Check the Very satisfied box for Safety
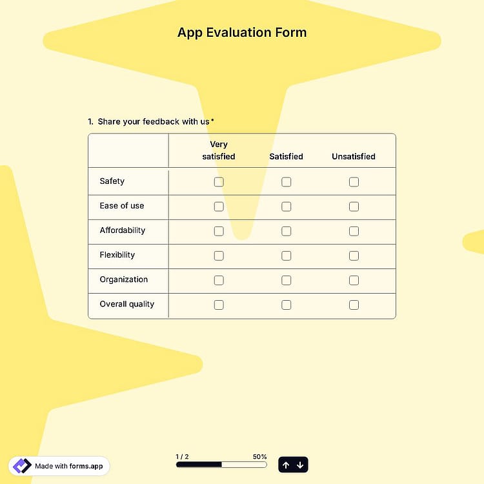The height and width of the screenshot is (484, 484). click(x=219, y=182)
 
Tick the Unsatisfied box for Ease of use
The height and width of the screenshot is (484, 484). click(x=354, y=207)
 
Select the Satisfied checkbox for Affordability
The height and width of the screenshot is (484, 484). click(x=286, y=231)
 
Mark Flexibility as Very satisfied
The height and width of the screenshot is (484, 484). click(x=219, y=256)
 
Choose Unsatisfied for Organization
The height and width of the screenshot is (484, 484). click(x=354, y=280)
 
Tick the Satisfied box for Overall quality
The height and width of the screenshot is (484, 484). click(x=286, y=305)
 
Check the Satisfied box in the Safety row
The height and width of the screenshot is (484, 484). click(x=286, y=182)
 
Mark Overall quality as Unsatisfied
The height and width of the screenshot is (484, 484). click(x=354, y=305)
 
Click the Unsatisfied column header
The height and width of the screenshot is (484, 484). click(x=354, y=157)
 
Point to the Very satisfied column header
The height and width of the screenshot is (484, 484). click(x=219, y=150)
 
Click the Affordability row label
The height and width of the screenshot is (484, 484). click(x=122, y=230)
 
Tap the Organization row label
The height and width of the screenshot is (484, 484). click(x=123, y=279)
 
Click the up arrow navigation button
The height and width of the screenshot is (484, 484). click(x=286, y=465)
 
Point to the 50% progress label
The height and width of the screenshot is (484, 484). click(x=259, y=456)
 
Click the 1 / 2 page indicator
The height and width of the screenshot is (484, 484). click(x=182, y=456)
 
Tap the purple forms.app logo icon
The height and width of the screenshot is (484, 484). click(x=22, y=466)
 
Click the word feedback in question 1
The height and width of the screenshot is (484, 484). click(x=161, y=121)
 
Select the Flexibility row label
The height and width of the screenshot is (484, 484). click(x=117, y=255)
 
